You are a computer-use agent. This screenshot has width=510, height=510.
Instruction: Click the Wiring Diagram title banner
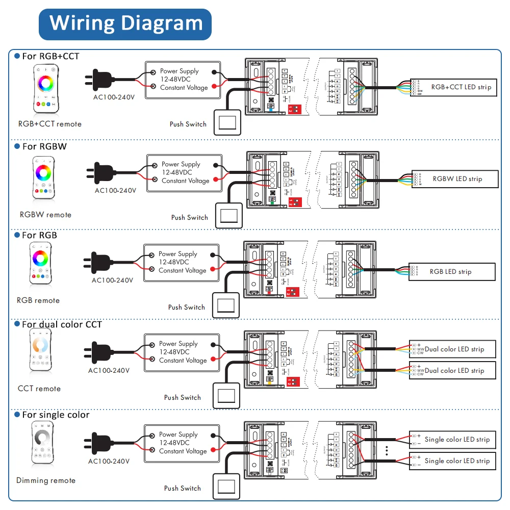125,24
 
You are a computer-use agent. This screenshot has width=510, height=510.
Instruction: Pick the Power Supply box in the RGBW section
185,173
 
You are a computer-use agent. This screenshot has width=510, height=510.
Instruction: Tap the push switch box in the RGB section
225,304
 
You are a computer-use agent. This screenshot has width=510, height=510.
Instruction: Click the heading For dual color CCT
61,324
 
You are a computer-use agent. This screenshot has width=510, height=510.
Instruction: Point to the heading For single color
56,415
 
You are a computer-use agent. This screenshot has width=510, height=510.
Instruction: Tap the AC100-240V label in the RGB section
112,280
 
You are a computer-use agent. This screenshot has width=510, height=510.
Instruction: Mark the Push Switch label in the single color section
182,488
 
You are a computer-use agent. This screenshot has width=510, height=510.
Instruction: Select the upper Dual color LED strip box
453,349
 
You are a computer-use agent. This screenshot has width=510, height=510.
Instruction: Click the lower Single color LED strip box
453,461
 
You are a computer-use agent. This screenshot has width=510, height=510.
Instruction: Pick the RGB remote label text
38,300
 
